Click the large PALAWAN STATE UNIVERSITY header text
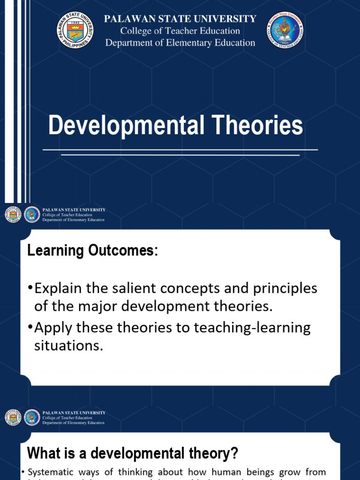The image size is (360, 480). [x=180, y=19]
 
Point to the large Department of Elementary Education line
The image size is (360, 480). [x=180, y=43]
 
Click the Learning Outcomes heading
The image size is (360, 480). [x=93, y=251]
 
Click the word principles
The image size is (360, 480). [x=281, y=288]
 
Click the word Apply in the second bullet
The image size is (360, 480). [x=52, y=328]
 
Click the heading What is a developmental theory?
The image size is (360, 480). [x=133, y=453]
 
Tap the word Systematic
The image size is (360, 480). [x=49, y=472]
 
